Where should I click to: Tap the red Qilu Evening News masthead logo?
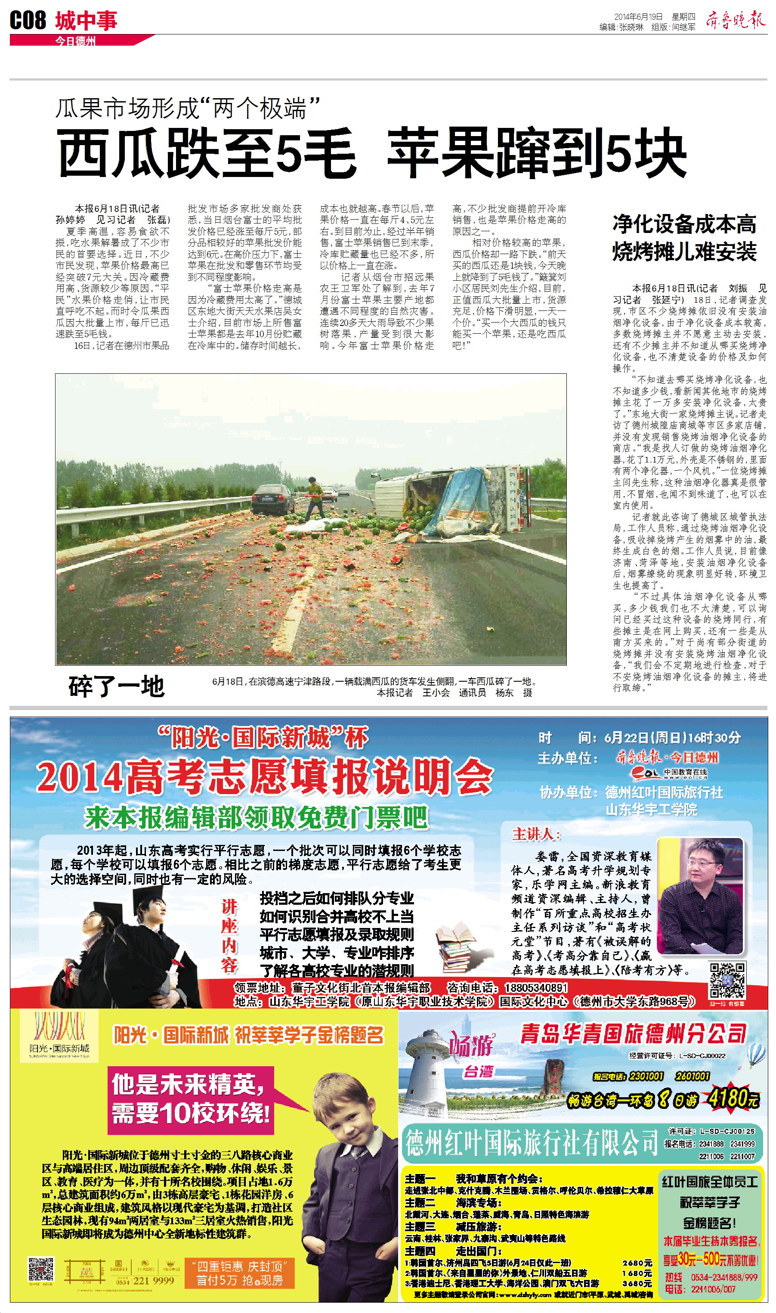pos(735,20)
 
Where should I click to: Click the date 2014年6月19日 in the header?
pos(637,17)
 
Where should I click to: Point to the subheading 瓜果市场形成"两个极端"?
pos(187,108)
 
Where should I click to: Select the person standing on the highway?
pos(315,498)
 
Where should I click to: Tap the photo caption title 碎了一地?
pos(116,686)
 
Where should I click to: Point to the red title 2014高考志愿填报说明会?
pos(265,777)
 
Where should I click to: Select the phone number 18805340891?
pos(535,987)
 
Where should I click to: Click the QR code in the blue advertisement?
pos(727,980)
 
